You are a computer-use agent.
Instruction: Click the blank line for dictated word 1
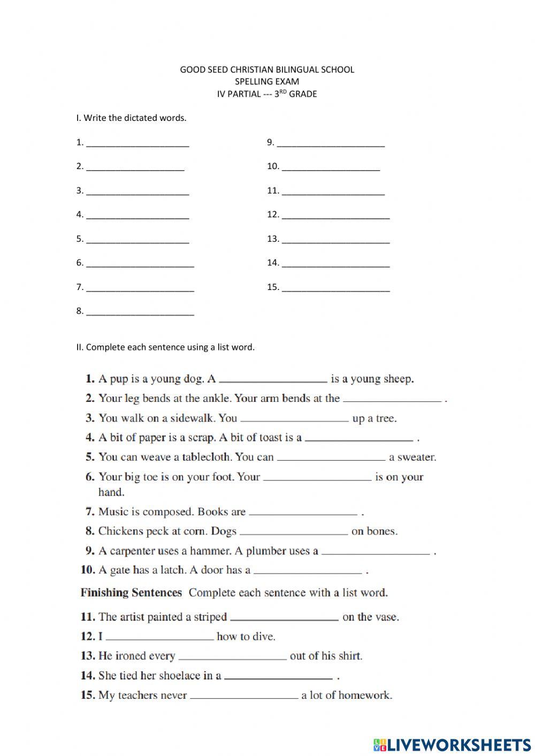pyautogui.click(x=137, y=143)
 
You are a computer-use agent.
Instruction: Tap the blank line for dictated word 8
pyautogui.click(x=140, y=312)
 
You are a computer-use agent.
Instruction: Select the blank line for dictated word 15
pyautogui.click(x=336, y=288)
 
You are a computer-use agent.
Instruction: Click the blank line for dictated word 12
pyautogui.click(x=336, y=216)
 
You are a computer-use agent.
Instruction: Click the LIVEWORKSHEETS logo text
pyautogui.click(x=458, y=744)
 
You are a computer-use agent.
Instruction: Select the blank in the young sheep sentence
pyautogui.click(x=273, y=380)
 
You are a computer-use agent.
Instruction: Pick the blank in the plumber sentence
pyautogui.click(x=376, y=552)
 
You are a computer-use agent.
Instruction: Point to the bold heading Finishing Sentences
pyautogui.click(x=131, y=593)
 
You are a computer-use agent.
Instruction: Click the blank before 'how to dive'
pyautogui.click(x=159, y=637)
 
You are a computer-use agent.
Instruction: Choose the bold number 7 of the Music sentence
pyautogui.click(x=90, y=512)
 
